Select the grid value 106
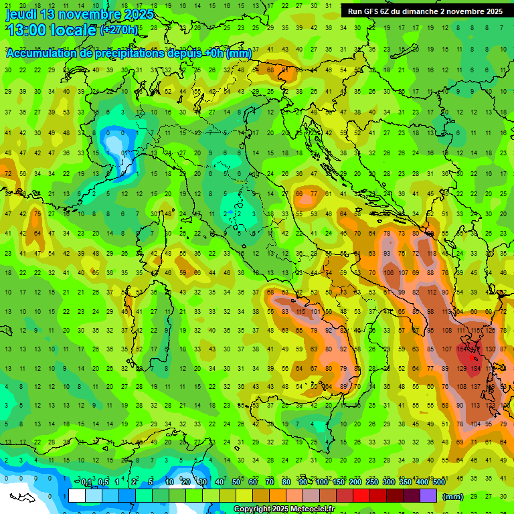pyautogui.click(x=390, y=273)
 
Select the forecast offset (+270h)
pyautogui.click(x=119, y=30)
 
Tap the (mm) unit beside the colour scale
pyautogui.click(x=452, y=497)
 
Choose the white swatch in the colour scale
pyautogui.click(x=76, y=496)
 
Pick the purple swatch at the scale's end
pyautogui.click(x=428, y=496)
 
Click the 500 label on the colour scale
pyautogui.click(x=438, y=483)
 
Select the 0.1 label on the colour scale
pyautogui.click(x=86, y=483)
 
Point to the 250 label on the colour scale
pyautogui.click(x=371, y=483)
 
